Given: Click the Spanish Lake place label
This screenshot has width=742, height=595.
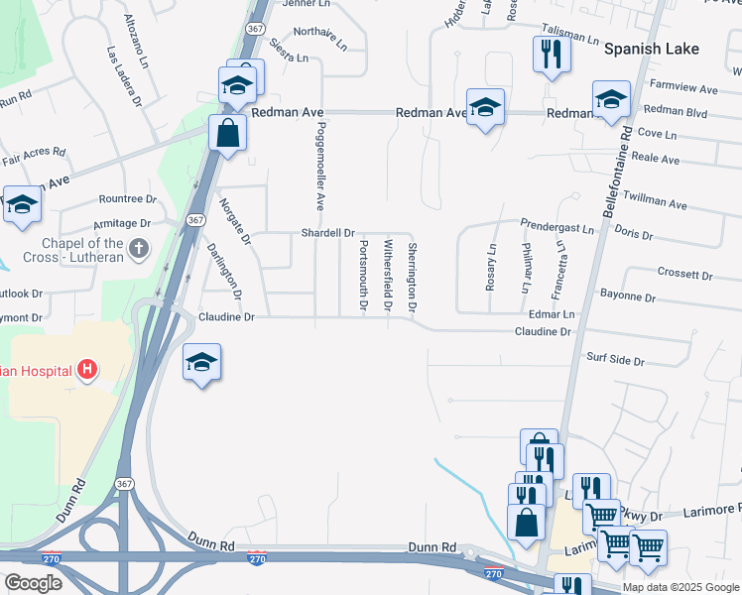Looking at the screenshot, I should tap(652, 49).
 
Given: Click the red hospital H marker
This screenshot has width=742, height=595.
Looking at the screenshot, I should tap(87, 370).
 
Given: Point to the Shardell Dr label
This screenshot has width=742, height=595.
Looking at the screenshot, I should tap(328, 233).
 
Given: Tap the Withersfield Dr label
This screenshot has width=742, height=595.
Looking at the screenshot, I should tap(388, 276).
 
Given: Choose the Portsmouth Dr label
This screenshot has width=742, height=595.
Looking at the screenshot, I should tap(363, 277).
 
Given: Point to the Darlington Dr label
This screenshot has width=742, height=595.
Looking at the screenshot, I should tap(224, 271).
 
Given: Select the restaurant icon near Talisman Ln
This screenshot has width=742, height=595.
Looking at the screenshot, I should tap(549, 53).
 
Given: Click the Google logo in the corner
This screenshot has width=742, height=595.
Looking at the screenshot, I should tap(33, 583).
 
